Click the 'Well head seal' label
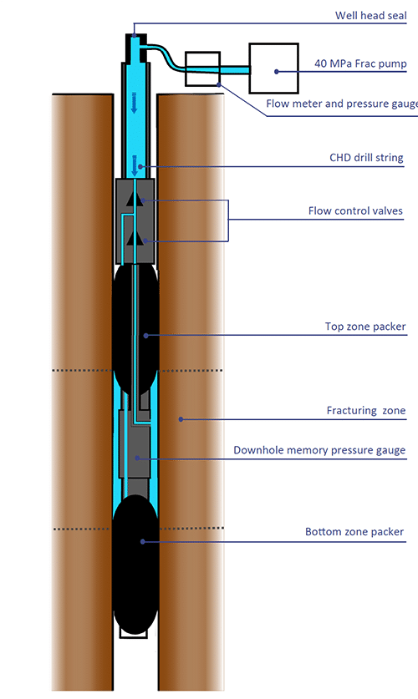pos(370,16)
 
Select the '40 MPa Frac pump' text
pos(360,63)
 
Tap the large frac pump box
pos(273,68)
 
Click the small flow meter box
pos(202,68)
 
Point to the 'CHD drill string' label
pos(366,158)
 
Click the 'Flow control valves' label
pos(355,210)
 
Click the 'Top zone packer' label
pos(365,327)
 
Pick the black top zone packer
pos(135,329)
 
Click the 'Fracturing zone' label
pos(366,411)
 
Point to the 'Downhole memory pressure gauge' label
pos(319,450)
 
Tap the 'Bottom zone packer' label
pos(354,532)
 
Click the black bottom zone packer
pos(135,564)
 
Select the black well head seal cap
pos(135,48)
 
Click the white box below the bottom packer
pos(135,632)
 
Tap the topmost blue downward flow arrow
pos(134,103)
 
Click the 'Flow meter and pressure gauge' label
pos(342,104)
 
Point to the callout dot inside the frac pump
pos(277,71)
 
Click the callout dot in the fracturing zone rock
pos(181,419)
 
